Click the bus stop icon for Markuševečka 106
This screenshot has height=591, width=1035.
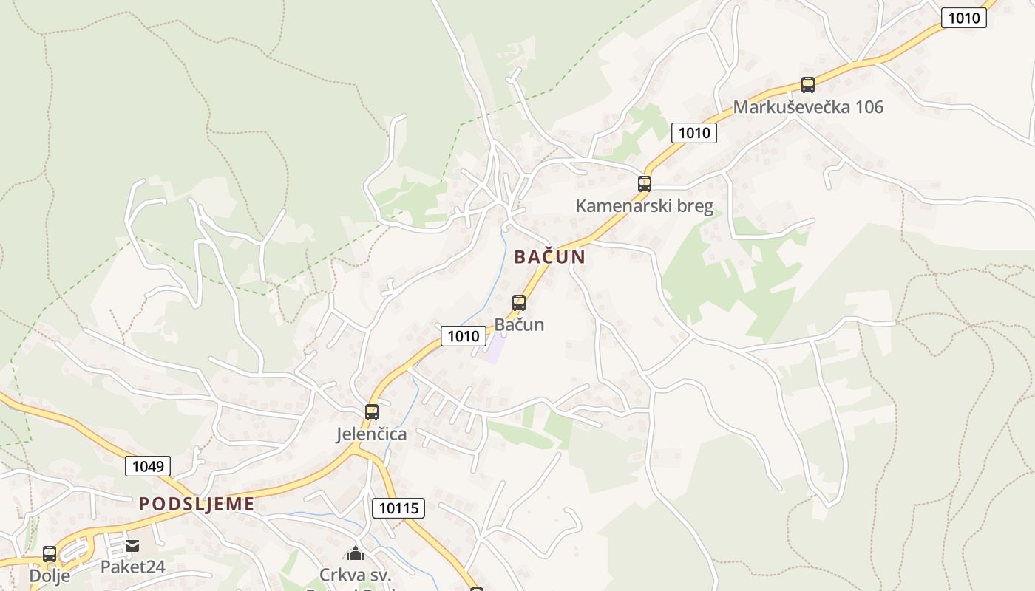coord(807,85)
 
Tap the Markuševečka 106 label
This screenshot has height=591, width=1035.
coord(807,107)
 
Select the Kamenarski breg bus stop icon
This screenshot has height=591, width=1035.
coord(645,184)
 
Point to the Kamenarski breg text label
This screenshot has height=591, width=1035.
coord(645,205)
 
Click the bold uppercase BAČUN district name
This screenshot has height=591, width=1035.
coord(549,257)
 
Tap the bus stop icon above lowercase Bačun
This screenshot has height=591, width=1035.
coord(519,303)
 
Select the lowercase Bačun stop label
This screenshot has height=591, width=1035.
coord(519,324)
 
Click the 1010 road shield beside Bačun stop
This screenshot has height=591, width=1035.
coord(464,336)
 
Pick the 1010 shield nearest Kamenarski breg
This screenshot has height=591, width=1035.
coord(694,133)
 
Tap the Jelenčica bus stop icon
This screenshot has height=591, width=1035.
coord(372,412)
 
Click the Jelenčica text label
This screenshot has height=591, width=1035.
coord(372,434)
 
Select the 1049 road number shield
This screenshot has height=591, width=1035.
coord(148,466)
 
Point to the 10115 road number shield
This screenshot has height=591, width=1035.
coord(399,508)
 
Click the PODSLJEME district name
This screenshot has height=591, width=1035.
coord(197,505)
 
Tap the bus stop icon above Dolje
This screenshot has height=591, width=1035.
coord(50,553)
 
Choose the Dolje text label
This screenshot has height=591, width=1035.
coord(50,575)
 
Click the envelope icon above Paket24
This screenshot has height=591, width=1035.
coord(132,546)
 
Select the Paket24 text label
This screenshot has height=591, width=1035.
coord(133,567)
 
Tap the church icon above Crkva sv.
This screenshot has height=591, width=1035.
coord(356,553)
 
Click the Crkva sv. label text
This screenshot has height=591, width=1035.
coord(356,575)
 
